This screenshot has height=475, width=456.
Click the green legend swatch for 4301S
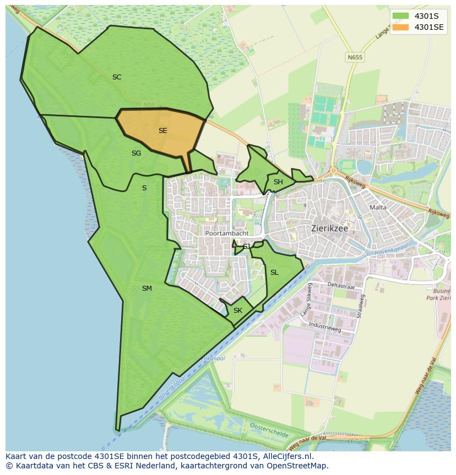400,16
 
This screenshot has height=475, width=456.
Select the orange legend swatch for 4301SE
400,27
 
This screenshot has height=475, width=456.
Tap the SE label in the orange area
162,131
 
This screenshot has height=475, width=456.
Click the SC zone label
117,77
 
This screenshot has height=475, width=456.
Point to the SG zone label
136,153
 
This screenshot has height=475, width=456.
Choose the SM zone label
146,289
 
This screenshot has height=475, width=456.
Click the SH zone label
278,182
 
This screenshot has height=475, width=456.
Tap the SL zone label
274,273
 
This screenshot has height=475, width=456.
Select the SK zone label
237,311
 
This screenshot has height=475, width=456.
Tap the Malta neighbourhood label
378,207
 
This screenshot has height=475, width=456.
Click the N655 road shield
354,57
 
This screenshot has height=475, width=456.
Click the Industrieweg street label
325,327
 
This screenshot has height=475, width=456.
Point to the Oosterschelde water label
269,430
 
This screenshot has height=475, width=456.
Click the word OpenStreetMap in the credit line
300,466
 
